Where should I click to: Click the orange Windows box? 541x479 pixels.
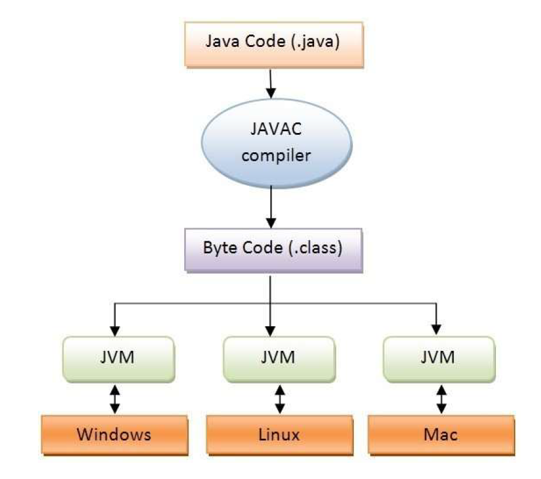(113, 433)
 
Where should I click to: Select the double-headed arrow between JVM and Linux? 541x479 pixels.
(279, 398)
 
